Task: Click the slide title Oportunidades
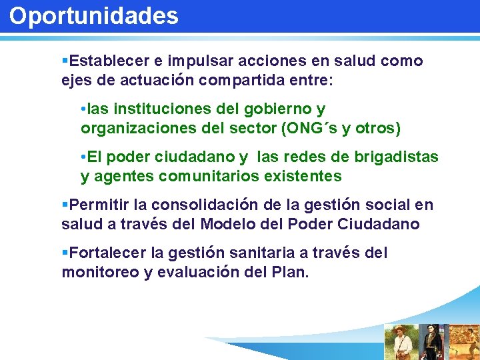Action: [94, 16]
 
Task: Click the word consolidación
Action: [215, 205]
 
